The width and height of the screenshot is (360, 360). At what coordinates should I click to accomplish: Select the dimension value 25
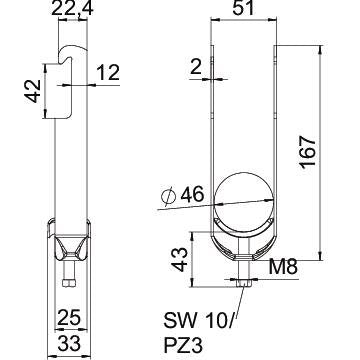[x=69, y=318]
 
